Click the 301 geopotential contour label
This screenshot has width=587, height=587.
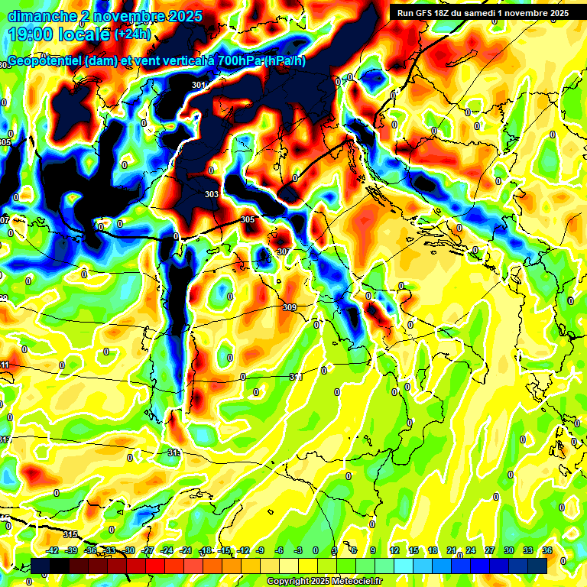[x=199, y=85]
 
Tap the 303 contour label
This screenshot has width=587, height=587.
[x=212, y=195]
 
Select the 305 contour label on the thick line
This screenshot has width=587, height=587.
[x=248, y=219]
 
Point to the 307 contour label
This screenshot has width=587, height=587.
[x=284, y=251]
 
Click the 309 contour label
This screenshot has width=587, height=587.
[x=289, y=308]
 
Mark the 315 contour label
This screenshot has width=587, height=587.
[x=70, y=534]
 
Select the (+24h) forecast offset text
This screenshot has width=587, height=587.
[x=132, y=34]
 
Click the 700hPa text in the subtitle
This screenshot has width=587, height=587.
[x=240, y=61]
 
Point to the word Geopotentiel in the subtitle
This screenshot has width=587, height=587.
[x=45, y=61]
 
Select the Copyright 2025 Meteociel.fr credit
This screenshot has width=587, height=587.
[x=324, y=582]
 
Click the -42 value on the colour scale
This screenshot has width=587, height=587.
[x=53, y=551]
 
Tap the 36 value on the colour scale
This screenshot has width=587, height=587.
[x=546, y=551]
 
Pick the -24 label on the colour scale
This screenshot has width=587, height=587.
[x=167, y=551]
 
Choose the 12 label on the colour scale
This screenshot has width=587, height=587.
[x=394, y=551]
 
